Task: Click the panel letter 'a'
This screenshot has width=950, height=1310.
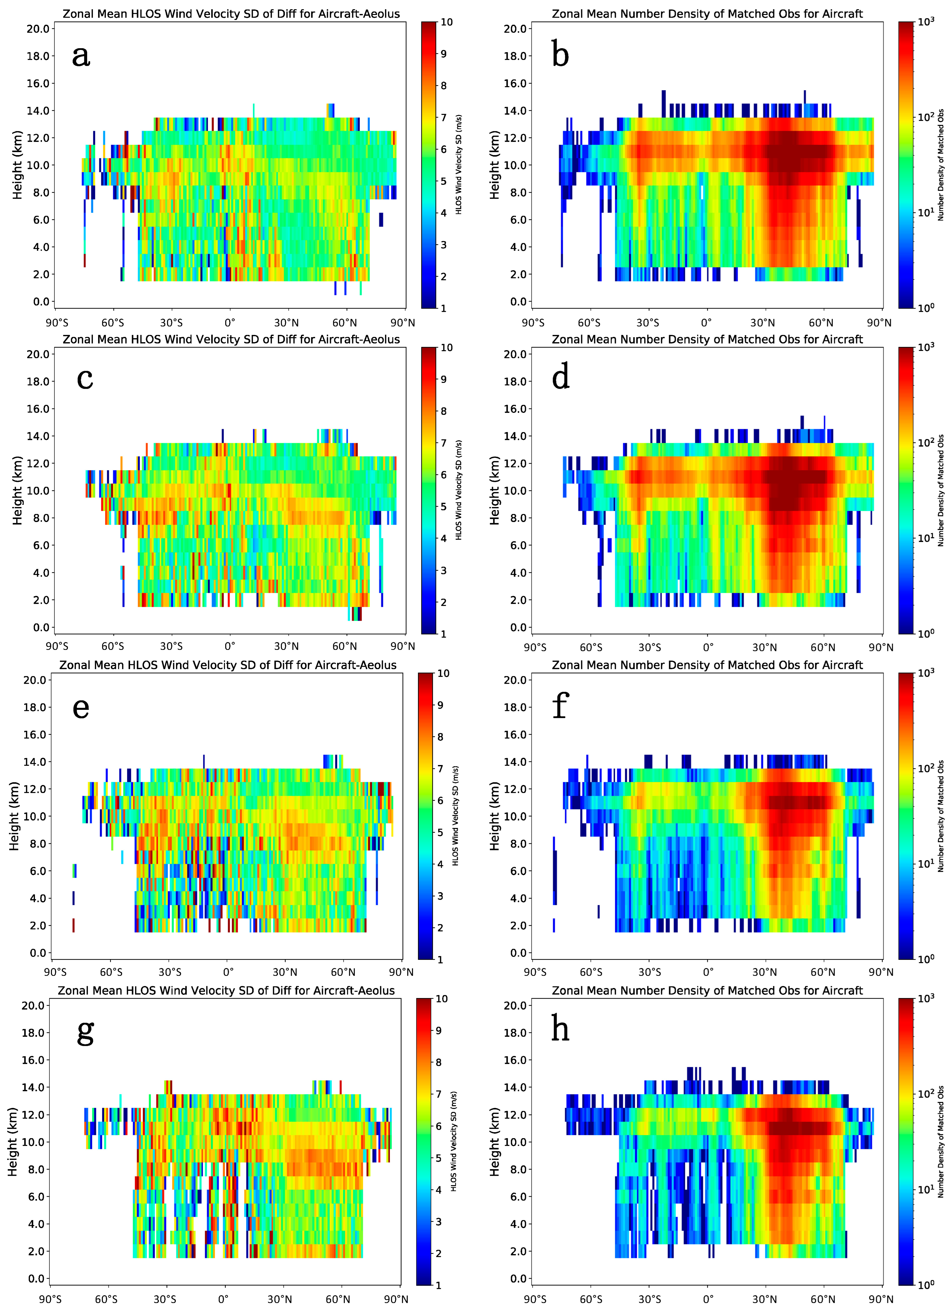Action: pos(81,56)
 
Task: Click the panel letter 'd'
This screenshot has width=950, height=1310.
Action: pos(561,377)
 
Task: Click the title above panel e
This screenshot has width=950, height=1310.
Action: pos(228,665)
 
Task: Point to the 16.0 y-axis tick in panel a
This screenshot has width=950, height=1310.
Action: pos(38,83)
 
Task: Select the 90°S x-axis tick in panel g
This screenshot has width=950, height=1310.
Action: pos(50,1299)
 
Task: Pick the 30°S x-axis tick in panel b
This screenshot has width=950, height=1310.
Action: pos(648,323)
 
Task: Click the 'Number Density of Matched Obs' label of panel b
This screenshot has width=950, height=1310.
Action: pos(940,165)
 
